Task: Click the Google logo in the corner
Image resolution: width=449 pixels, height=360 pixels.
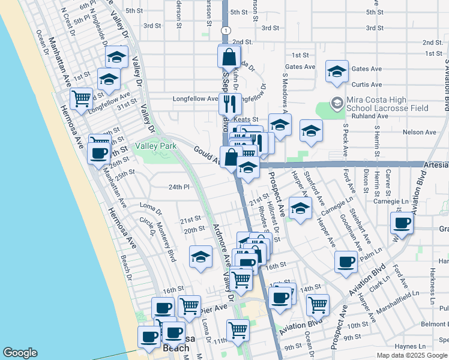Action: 20,353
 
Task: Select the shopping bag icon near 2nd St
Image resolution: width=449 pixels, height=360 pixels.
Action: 229,58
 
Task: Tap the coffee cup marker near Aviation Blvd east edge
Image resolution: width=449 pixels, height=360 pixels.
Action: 402,225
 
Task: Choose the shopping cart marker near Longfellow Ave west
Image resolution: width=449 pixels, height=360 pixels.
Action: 81,99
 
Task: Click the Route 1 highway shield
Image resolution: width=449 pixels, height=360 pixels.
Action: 224,30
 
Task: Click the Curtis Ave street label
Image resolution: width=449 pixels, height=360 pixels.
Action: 367,85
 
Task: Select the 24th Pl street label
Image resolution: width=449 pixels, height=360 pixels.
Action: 179,187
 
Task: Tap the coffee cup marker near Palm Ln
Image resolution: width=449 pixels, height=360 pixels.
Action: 346,263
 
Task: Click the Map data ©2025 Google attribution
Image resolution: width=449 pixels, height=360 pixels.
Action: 411,355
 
